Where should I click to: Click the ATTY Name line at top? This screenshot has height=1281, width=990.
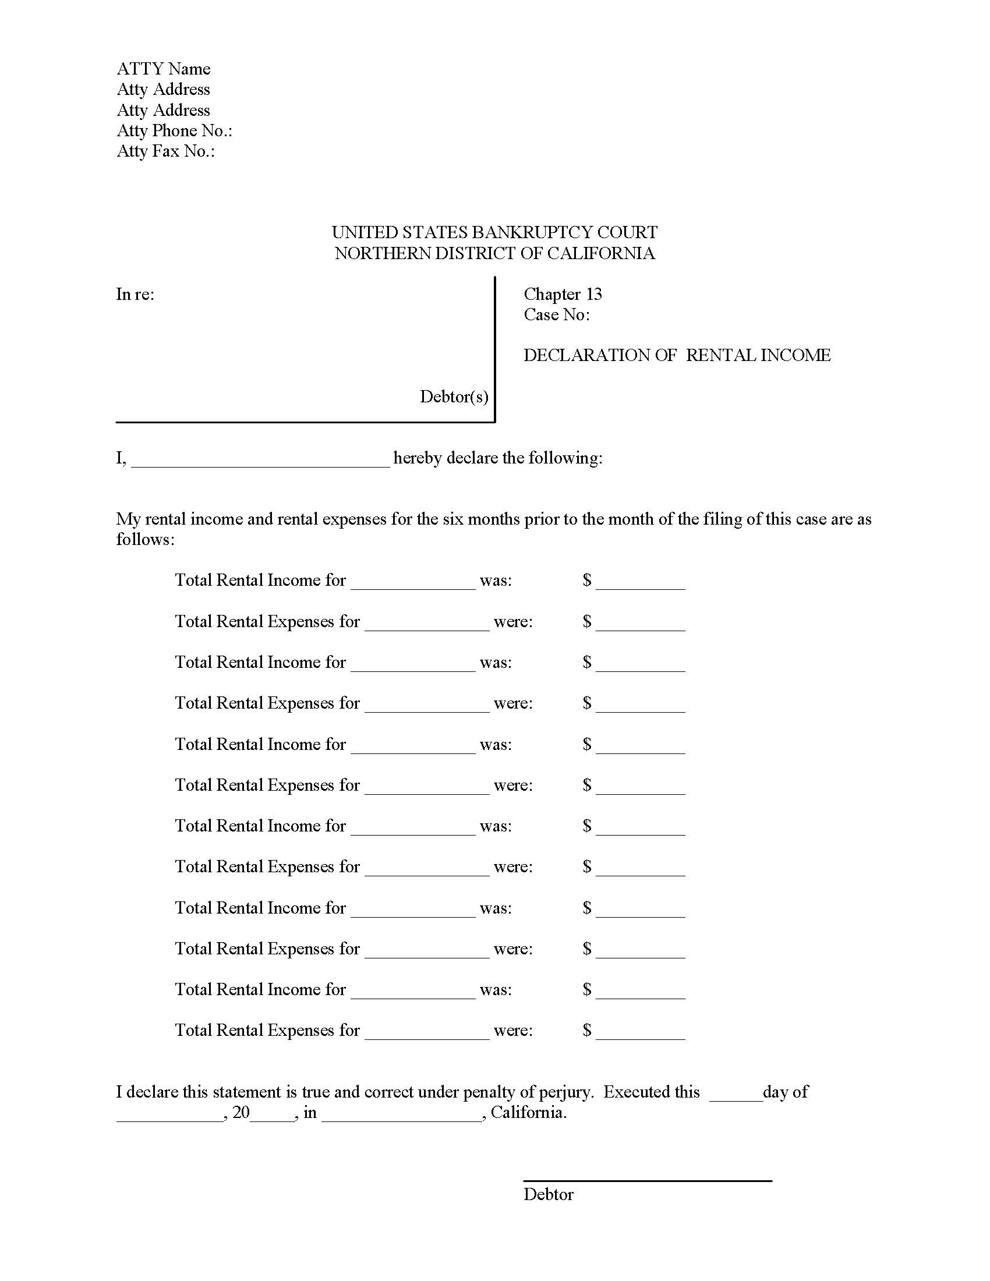[163, 69]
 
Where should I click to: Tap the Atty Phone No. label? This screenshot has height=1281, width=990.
[174, 131]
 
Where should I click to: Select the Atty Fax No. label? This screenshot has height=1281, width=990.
[165, 151]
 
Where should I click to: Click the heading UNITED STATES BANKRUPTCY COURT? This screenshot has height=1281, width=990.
[494, 232]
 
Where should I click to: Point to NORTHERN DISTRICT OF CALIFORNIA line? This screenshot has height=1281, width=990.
[494, 253]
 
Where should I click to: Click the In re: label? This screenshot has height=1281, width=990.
[135, 295]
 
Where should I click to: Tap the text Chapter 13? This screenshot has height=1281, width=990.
[563, 295]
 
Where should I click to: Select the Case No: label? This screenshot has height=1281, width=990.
[557, 315]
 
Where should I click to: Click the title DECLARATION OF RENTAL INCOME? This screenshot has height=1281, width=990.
[677, 355]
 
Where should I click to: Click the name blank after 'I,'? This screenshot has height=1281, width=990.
[260, 460]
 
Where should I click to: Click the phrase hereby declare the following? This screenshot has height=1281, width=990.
[497, 458]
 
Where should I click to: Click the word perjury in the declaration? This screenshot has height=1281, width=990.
[564, 1092]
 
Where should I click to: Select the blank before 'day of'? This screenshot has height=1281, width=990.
[736, 1094]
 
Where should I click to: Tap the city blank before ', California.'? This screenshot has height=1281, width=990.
[402, 1114]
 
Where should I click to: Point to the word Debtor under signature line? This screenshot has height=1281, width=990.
[549, 1195]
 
